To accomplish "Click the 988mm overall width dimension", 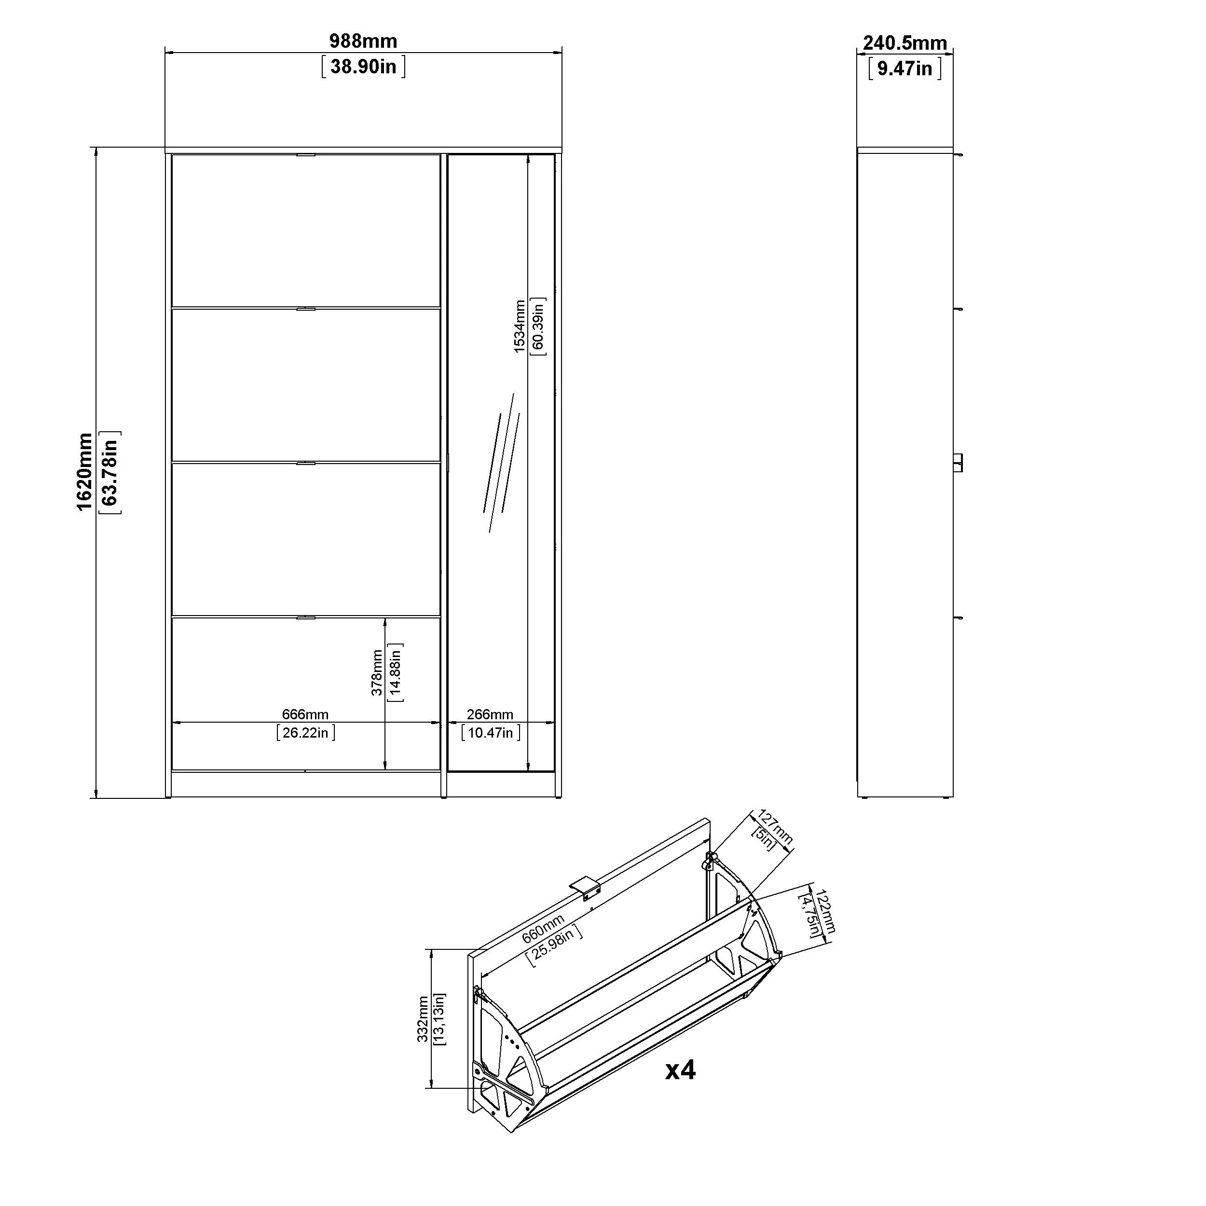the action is (363, 41).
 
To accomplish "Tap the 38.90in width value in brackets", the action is (363, 67).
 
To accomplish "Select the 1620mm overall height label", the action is (84, 473).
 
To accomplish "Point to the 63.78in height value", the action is (110, 473).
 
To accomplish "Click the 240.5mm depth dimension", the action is (905, 43).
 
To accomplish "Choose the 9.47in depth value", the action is (905, 69).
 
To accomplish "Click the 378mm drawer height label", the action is (377, 673).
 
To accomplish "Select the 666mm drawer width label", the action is (305, 714).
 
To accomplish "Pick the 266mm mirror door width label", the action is (490, 714).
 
